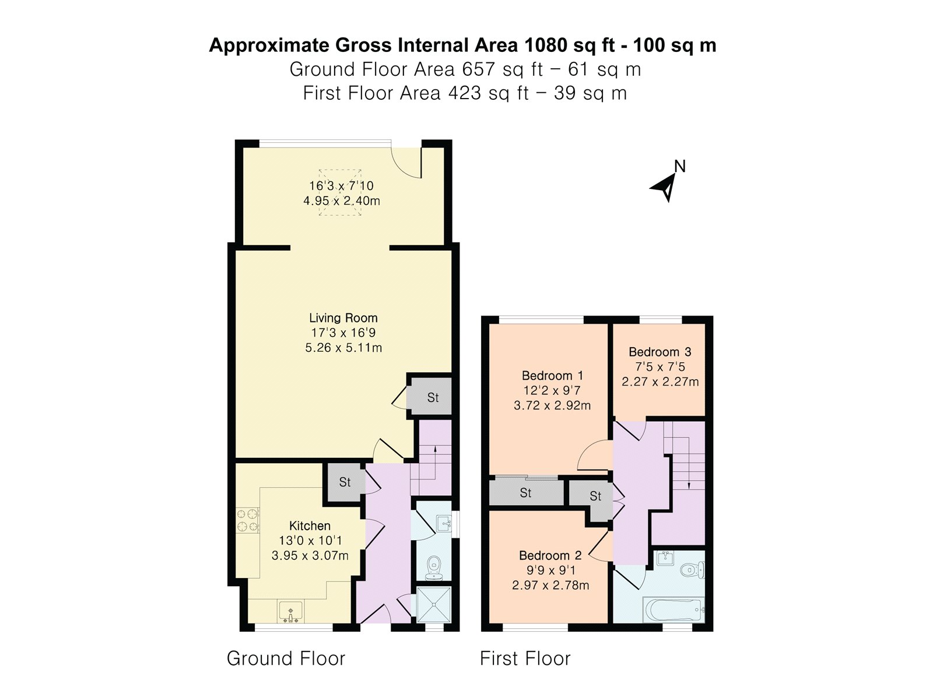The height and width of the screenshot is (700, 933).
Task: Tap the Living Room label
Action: [x=343, y=318]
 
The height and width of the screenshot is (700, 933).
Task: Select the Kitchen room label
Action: [x=310, y=526]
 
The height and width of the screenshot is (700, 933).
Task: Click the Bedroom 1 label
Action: [x=552, y=376]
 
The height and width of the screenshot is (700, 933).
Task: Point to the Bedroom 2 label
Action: [x=550, y=555]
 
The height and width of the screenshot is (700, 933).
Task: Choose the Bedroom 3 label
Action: [x=660, y=352]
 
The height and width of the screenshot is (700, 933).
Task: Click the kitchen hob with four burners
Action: [x=248, y=520]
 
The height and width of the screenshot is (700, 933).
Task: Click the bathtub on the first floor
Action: [x=674, y=610]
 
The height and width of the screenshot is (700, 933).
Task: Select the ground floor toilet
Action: [x=434, y=568]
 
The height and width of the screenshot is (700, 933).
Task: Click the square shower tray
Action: [x=434, y=604]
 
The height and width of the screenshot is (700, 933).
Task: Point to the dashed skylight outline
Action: [x=340, y=192]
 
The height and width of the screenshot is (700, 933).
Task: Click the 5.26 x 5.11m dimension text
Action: [x=343, y=348]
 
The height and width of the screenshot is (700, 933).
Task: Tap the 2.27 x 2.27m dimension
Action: [x=660, y=381]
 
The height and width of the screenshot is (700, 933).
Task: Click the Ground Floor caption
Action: [x=286, y=659]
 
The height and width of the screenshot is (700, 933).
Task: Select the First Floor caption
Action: [x=525, y=659]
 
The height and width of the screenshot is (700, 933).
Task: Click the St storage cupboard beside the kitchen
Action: [x=344, y=482]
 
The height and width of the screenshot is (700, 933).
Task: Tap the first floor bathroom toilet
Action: [x=692, y=569]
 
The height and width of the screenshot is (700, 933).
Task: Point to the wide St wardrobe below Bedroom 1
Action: [x=526, y=492]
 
